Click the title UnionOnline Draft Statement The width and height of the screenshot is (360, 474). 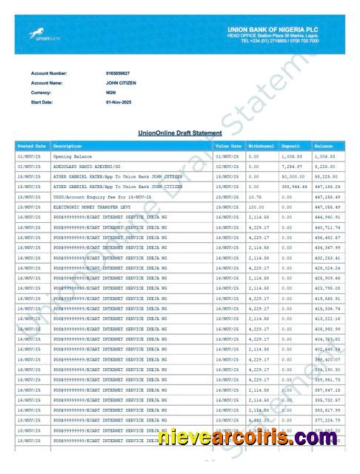(x=180, y=133)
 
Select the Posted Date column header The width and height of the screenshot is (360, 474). (x=32, y=147)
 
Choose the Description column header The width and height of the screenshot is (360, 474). (x=67, y=147)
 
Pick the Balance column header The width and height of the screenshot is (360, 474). (x=324, y=147)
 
